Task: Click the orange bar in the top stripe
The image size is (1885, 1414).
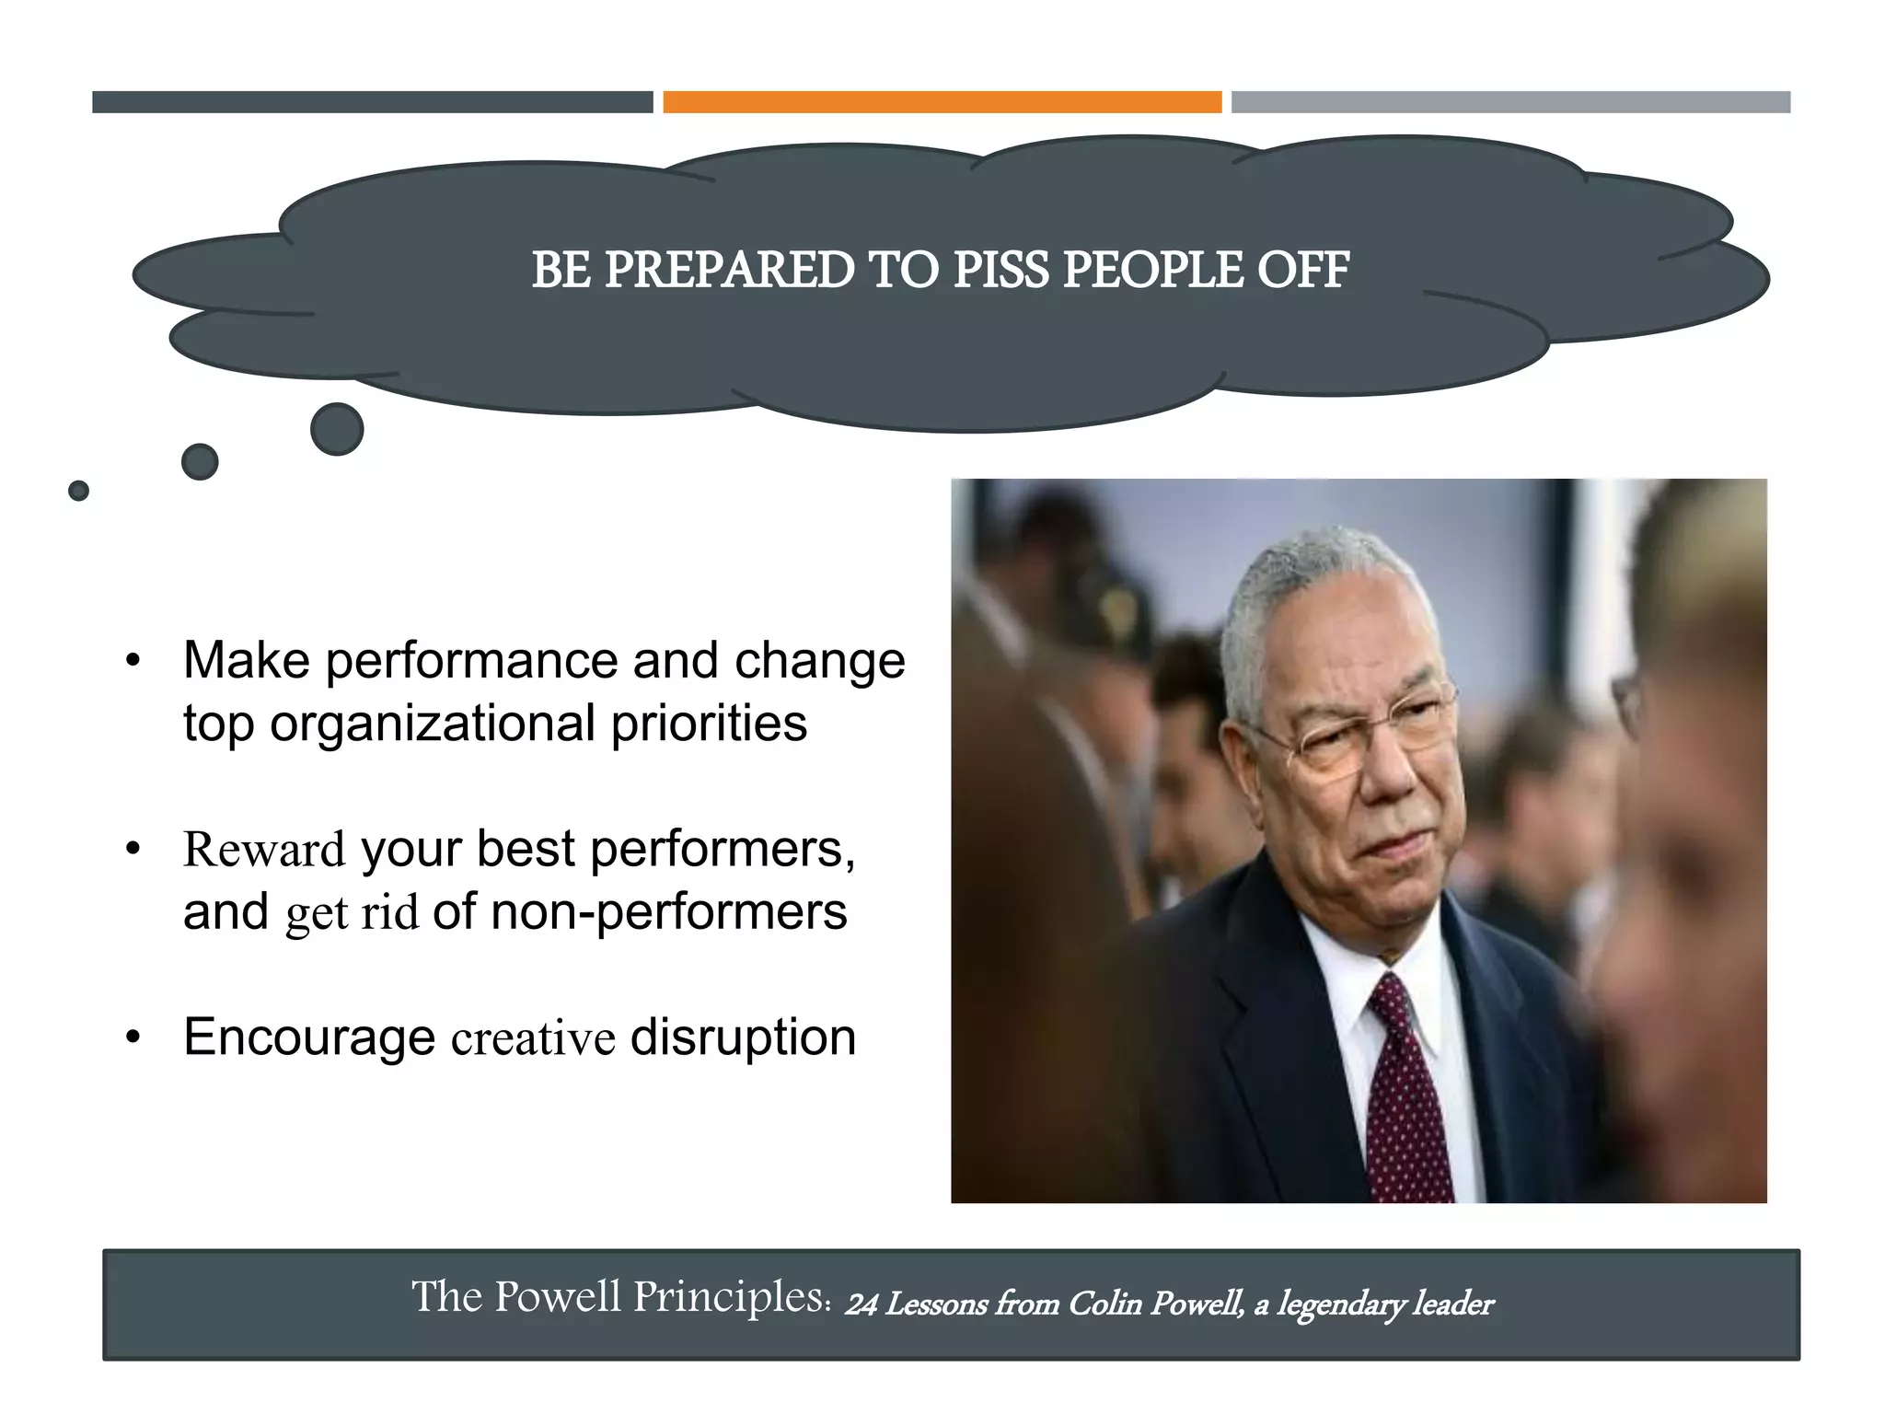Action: (x=942, y=102)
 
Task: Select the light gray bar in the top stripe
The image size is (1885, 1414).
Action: (x=1510, y=102)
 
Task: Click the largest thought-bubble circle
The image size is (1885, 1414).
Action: (x=337, y=429)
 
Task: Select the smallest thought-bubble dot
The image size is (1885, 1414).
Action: (x=79, y=491)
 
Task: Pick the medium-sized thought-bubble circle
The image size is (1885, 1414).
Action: (x=200, y=462)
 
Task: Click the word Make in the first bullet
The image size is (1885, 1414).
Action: (x=246, y=661)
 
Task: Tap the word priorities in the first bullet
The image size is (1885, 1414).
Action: (x=709, y=724)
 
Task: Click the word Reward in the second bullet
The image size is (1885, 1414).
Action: (x=264, y=850)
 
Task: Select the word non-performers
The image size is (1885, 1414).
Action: (x=668, y=913)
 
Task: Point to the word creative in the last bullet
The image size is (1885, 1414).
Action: (x=533, y=1039)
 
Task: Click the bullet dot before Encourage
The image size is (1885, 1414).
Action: (x=133, y=1038)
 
